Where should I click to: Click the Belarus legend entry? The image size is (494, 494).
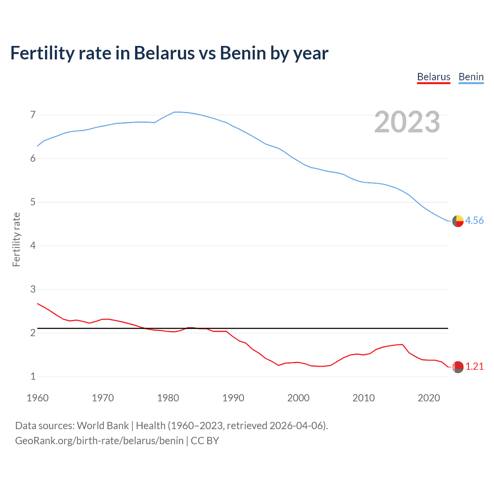point(433,77)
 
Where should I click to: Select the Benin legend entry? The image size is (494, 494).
point(471,77)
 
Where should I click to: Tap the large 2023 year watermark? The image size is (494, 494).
point(407,122)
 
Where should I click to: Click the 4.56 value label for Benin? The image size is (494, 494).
point(474,220)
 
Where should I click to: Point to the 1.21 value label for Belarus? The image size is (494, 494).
point(474,366)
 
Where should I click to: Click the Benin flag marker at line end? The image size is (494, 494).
point(458,221)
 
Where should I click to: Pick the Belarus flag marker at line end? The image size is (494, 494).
point(458,367)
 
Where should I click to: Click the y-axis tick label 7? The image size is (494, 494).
point(33,115)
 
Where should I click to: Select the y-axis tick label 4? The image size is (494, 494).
point(33,245)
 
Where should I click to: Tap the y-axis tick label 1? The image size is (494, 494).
point(33,376)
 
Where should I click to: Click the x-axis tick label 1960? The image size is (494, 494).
point(37,398)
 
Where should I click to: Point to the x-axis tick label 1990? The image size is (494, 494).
point(233,398)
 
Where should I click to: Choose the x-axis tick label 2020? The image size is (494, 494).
point(429,398)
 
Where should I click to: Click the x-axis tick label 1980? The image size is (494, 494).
point(168,398)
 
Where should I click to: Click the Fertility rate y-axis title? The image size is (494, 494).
point(16,239)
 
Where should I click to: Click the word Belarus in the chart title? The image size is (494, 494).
point(164,53)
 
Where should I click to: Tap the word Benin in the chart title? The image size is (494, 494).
point(243,53)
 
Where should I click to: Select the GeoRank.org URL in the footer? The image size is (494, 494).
point(99,441)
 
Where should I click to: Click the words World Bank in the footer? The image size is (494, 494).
point(103,426)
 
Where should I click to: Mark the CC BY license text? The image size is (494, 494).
point(205,441)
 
